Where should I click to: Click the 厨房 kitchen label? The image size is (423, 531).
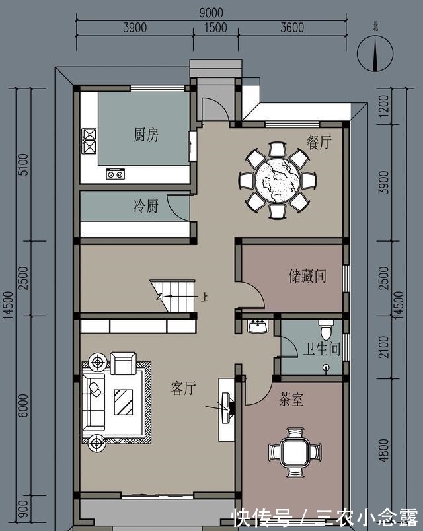[x=146, y=135]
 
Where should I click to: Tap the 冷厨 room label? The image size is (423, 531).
[x=146, y=207]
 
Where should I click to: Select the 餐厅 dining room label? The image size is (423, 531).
[x=318, y=142]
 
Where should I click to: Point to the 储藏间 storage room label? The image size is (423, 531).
[x=307, y=275]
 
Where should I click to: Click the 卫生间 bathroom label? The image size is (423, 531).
[x=322, y=349]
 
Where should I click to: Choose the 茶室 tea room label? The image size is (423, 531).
[x=291, y=400]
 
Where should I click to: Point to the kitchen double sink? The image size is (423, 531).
[x=116, y=174]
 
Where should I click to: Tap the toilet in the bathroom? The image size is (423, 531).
[x=326, y=328]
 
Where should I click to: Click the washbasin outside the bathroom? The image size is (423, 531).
[x=258, y=326]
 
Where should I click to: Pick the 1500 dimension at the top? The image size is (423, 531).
[x=215, y=28]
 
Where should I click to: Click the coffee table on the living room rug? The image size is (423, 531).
[x=123, y=401]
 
